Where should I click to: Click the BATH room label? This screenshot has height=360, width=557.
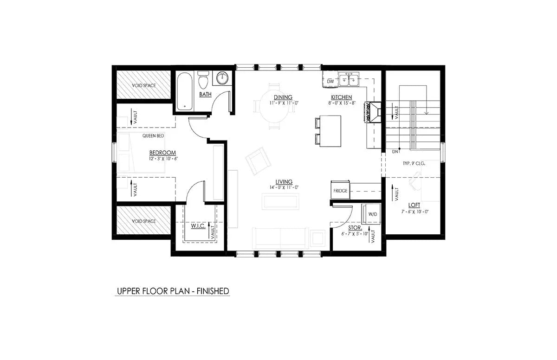click(x=205, y=95)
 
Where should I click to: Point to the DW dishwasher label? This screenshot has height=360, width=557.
click(x=330, y=82)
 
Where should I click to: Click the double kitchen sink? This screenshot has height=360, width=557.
click(x=348, y=81)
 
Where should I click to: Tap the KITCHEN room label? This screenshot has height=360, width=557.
click(x=341, y=97)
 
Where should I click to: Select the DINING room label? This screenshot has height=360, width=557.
click(x=283, y=97)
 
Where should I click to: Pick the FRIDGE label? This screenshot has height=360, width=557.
click(x=340, y=191)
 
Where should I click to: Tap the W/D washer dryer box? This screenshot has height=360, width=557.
click(x=373, y=214)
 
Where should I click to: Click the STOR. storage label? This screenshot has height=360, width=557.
click(x=355, y=228)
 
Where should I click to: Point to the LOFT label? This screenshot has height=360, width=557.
click(x=415, y=205)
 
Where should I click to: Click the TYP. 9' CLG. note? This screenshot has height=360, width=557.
click(x=414, y=164)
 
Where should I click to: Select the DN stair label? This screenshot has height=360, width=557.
click(x=395, y=151)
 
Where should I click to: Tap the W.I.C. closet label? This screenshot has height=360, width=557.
click(x=198, y=227)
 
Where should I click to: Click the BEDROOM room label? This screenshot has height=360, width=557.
click(x=162, y=153)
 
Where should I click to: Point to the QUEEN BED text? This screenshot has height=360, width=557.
click(x=153, y=136)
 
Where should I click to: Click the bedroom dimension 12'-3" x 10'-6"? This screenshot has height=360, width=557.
click(x=163, y=159)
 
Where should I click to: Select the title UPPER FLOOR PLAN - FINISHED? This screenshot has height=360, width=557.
click(x=173, y=291)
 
